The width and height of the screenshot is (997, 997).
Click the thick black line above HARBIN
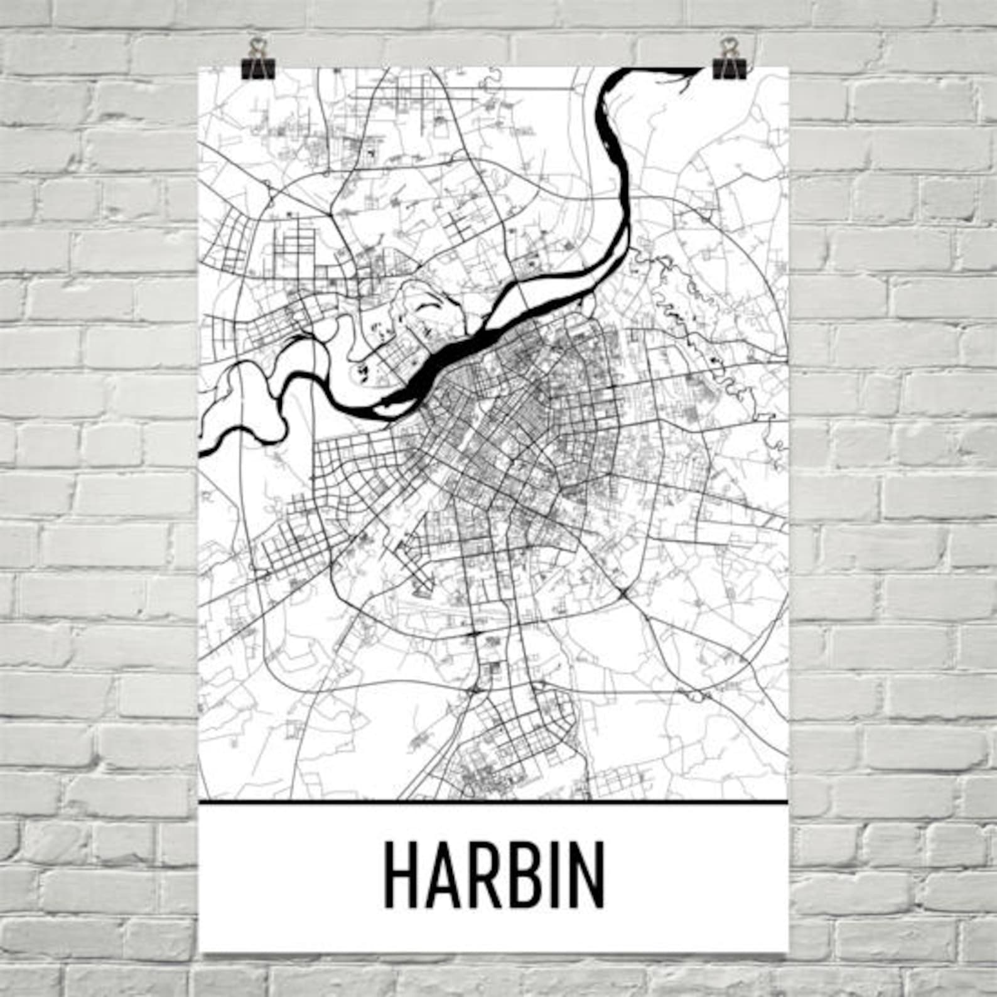point(492,802)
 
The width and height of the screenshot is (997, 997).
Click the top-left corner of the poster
point(199,68)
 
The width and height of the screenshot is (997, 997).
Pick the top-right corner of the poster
point(787,68)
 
